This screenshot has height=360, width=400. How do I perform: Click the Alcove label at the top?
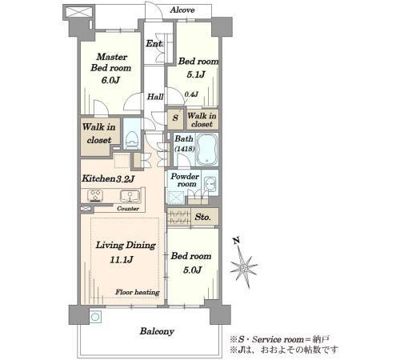[182, 10]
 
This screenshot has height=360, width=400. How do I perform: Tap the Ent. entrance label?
[154, 43]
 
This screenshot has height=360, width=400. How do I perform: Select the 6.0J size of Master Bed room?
[110, 80]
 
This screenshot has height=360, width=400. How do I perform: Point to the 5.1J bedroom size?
[196, 74]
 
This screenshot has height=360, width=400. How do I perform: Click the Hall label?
[155, 97]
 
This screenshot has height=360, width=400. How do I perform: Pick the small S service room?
[175, 118]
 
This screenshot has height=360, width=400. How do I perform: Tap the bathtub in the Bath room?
[207, 150]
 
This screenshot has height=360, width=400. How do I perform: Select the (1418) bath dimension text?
[185, 149]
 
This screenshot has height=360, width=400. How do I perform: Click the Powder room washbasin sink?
[210, 184]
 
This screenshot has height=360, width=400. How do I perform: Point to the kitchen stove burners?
[95, 195]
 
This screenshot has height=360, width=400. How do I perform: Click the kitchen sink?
[130, 196]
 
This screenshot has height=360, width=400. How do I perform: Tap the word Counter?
[128, 209]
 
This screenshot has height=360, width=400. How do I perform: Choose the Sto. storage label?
[202, 217]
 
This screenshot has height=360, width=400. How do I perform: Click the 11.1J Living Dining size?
[122, 259]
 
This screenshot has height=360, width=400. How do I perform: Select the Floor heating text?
[138, 292]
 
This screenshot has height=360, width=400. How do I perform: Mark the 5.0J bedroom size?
[192, 270]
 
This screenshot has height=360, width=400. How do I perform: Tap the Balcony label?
[157, 331]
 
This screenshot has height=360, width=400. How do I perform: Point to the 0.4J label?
[191, 94]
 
